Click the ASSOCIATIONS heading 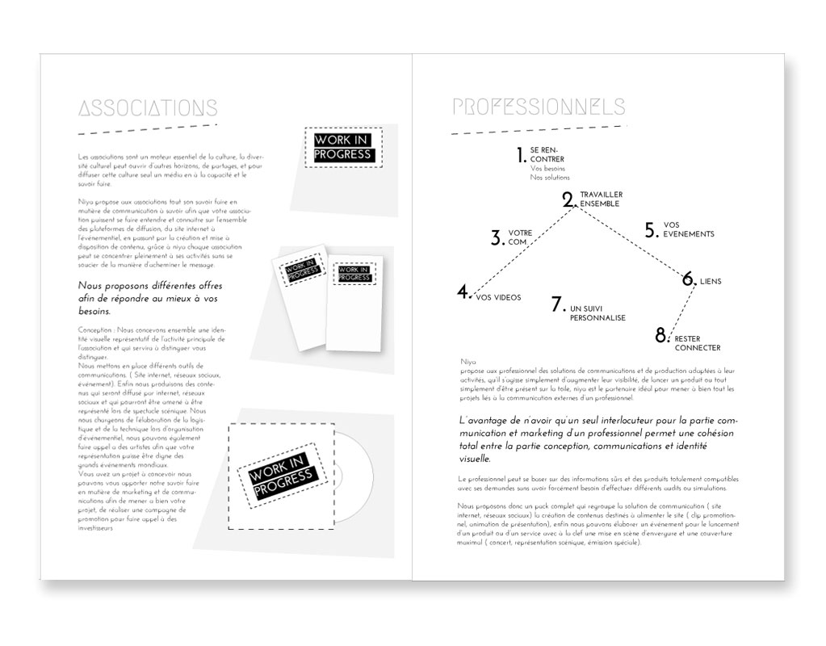pyautogui.click(x=147, y=108)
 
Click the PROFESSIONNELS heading pyautogui.click(x=539, y=107)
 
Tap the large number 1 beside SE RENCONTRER pyautogui.click(x=522, y=155)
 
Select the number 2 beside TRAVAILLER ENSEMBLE pyautogui.click(x=568, y=199)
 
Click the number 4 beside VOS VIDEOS pyautogui.click(x=463, y=292)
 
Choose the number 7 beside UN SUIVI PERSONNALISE pyautogui.click(x=556, y=304)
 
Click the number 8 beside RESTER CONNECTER pyautogui.click(x=662, y=334)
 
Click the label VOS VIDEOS pyautogui.click(x=498, y=297)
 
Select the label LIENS pyautogui.click(x=711, y=282)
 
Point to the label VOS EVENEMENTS pyautogui.click(x=688, y=229)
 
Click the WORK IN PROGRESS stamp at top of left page pyautogui.click(x=343, y=148)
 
